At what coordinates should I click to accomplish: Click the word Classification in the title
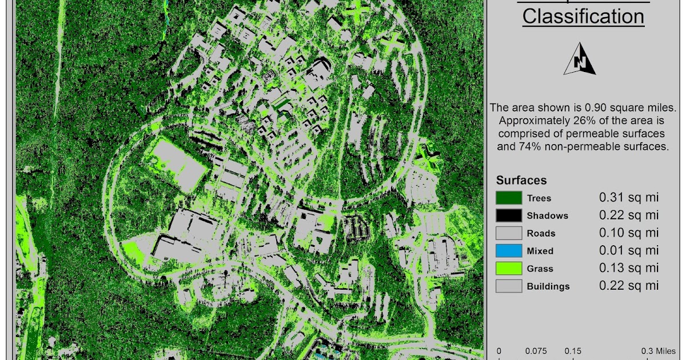point(583,16)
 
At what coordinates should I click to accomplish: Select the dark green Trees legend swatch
point(508,198)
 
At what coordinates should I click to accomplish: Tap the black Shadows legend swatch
point(508,215)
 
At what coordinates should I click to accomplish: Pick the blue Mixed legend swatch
point(508,250)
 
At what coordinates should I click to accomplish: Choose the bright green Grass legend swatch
point(508,268)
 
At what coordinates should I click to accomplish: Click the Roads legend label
point(541,233)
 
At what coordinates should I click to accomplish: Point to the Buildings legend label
point(548,286)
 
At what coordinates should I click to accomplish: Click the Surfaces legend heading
point(521,181)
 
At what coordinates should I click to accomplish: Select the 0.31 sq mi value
point(629,198)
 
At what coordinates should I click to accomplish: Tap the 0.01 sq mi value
point(629,250)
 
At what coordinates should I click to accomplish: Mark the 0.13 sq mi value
point(629,268)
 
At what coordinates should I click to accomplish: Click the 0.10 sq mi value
point(629,233)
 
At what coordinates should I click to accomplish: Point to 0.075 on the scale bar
point(536,351)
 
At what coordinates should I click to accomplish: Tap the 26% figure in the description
point(588,121)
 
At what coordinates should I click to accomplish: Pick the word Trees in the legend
point(539,198)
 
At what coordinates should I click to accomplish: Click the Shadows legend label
point(547,215)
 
